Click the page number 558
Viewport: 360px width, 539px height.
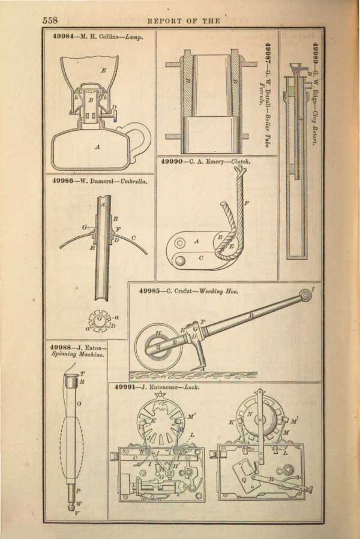coord(50,20)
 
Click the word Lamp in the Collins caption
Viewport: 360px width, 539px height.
coord(134,37)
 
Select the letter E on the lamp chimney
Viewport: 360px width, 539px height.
coord(103,71)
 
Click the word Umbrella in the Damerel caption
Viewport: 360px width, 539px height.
coord(134,180)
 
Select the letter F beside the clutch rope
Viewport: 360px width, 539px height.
coord(247,204)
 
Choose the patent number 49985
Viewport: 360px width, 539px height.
coord(150,291)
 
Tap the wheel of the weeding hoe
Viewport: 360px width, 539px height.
coord(158,347)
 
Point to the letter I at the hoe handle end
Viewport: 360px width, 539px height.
coord(313,290)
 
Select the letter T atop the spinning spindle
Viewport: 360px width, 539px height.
coord(82,374)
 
